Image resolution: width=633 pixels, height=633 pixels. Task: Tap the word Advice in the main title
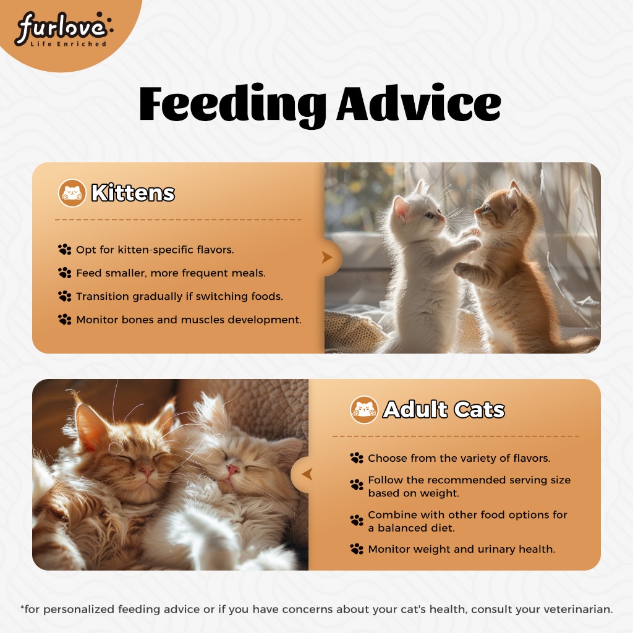pyautogui.click(x=418, y=103)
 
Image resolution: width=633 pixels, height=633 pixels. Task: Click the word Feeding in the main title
pyautogui.click(x=232, y=106)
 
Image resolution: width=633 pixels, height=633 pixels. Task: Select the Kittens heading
pyautogui.click(x=133, y=193)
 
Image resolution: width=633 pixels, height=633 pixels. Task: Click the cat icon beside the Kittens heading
pyautogui.click(x=72, y=193)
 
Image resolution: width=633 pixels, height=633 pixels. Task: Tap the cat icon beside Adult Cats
pyautogui.click(x=364, y=410)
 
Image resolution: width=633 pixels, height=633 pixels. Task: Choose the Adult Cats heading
pyautogui.click(x=443, y=410)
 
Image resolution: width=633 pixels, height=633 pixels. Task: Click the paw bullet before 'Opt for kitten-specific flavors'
pyautogui.click(x=64, y=250)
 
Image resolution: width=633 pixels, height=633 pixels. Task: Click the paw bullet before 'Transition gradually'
pyautogui.click(x=64, y=296)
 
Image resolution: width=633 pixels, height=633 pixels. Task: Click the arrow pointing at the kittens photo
pyautogui.click(x=327, y=257)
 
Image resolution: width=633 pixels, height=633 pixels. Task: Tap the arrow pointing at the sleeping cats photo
pyautogui.click(x=307, y=474)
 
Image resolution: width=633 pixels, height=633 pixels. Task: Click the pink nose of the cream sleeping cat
pyautogui.click(x=232, y=469)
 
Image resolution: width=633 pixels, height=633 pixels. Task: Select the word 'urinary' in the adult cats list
pyautogui.click(x=496, y=550)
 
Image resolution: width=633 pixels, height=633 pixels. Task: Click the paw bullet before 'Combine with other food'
pyautogui.click(x=357, y=520)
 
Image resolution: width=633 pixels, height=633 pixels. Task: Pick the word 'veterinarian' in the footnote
pyautogui.click(x=577, y=609)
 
